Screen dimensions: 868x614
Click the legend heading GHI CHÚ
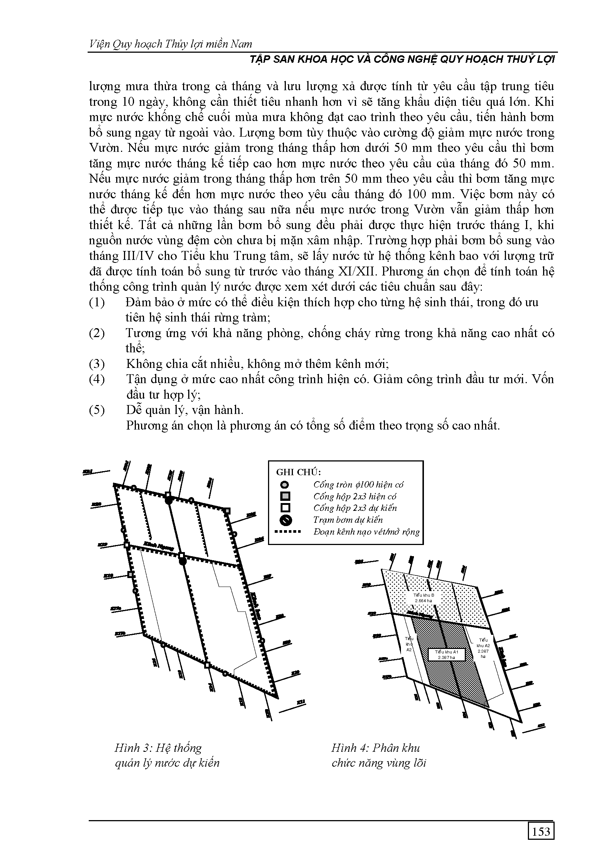tap(298, 472)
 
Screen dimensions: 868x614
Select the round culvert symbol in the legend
tap(285, 484)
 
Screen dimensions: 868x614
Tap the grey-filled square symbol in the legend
tap(285, 496)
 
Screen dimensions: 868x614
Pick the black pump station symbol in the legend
tap(285, 520)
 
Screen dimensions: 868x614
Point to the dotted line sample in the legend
tap(287, 532)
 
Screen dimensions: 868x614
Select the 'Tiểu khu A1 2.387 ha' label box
tap(446, 655)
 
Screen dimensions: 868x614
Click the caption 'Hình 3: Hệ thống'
tap(158, 748)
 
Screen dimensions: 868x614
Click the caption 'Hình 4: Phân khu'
tap(375, 748)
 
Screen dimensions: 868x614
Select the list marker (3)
tap(97, 364)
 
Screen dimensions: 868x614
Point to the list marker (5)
tap(97, 410)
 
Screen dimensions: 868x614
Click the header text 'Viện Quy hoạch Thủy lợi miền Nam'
tap(170, 44)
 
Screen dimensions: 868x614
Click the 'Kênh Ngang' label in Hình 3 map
tap(159, 547)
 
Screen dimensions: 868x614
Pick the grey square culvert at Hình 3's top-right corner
tap(227, 511)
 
